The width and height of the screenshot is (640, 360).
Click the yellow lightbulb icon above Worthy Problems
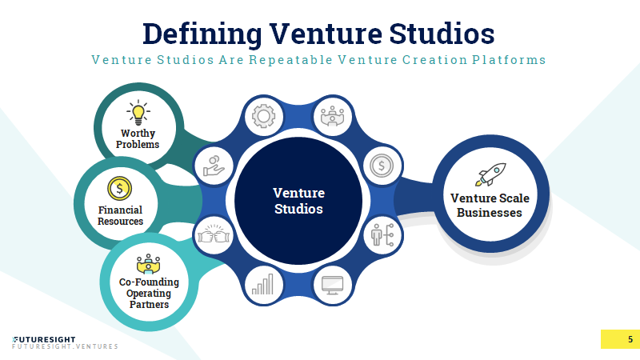(138, 112)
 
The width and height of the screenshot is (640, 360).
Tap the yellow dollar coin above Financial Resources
(119, 189)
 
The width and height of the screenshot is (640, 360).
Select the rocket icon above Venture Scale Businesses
(490, 174)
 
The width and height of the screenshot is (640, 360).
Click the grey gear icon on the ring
(264, 116)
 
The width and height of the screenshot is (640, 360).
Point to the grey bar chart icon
(262, 284)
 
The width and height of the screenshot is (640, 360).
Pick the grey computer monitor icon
(332, 286)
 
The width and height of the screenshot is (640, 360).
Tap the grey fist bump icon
(214, 234)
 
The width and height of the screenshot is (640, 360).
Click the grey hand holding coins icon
(214, 166)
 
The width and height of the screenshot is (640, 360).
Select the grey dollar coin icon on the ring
(382, 166)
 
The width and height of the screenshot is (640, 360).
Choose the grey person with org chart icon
(382, 234)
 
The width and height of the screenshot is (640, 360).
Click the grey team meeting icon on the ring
(332, 116)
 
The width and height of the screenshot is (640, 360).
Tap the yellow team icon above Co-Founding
(148, 264)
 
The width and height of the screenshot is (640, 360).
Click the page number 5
(630, 339)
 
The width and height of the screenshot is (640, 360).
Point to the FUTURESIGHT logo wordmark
(44, 339)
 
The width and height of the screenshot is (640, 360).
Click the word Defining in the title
(202, 34)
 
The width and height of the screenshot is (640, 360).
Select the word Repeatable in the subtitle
(290, 60)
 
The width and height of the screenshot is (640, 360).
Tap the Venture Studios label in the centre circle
(298, 201)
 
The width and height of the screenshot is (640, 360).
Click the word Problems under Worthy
(138, 145)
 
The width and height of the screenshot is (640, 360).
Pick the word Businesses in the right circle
(490, 213)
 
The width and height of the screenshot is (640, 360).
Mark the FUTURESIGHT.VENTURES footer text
(65, 346)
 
